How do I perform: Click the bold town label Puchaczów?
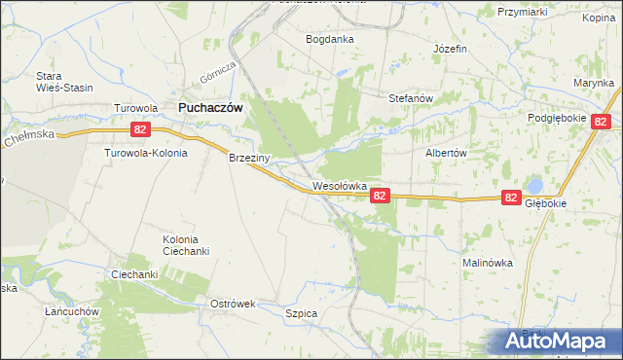(x=209, y=108)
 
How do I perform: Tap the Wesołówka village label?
(x=339, y=185)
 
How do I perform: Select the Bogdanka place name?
(x=330, y=40)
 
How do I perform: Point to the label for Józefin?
(x=451, y=49)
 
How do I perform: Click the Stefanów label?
(x=410, y=98)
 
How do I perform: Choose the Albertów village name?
(x=447, y=154)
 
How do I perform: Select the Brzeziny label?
(x=248, y=157)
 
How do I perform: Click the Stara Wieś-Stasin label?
(x=64, y=82)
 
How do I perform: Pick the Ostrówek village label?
(x=233, y=304)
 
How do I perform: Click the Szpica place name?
(x=302, y=313)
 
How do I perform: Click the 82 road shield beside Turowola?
(x=141, y=128)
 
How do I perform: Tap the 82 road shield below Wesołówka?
(x=381, y=196)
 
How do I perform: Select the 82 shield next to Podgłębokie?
(x=600, y=122)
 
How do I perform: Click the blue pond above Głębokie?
(x=533, y=185)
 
